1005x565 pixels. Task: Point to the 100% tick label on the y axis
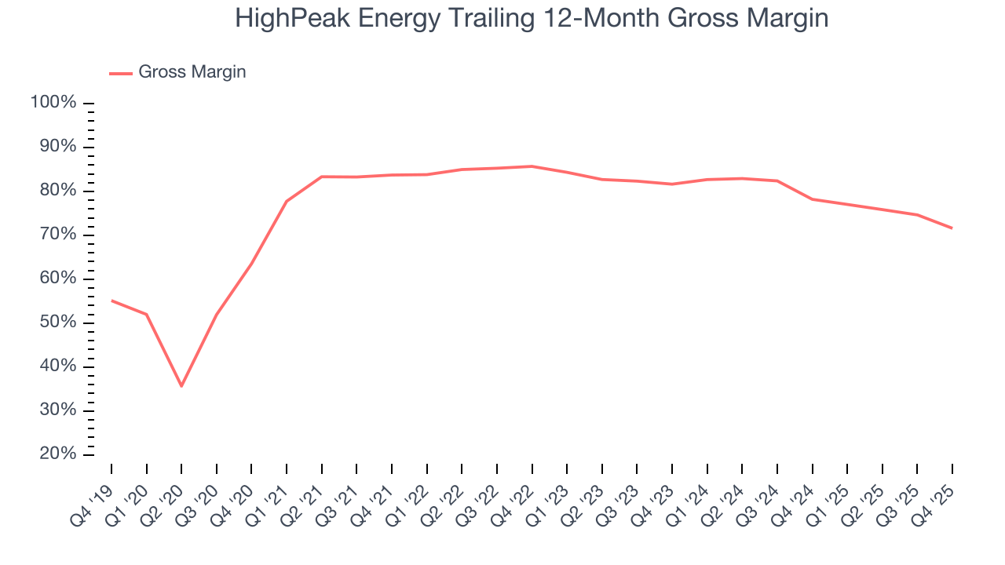coord(53,103)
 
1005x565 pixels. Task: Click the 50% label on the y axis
coord(57,323)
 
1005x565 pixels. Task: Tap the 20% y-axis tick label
coord(57,454)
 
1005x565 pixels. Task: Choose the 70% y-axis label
coord(57,235)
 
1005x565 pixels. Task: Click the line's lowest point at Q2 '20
coord(181,386)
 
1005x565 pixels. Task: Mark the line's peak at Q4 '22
coord(532,166)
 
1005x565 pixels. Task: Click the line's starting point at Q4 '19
coord(111,301)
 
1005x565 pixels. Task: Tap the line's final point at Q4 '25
coord(952,228)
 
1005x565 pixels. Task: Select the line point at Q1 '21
coord(287,201)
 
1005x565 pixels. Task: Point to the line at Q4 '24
coord(812,199)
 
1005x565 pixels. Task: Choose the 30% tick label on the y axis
coord(57,410)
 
